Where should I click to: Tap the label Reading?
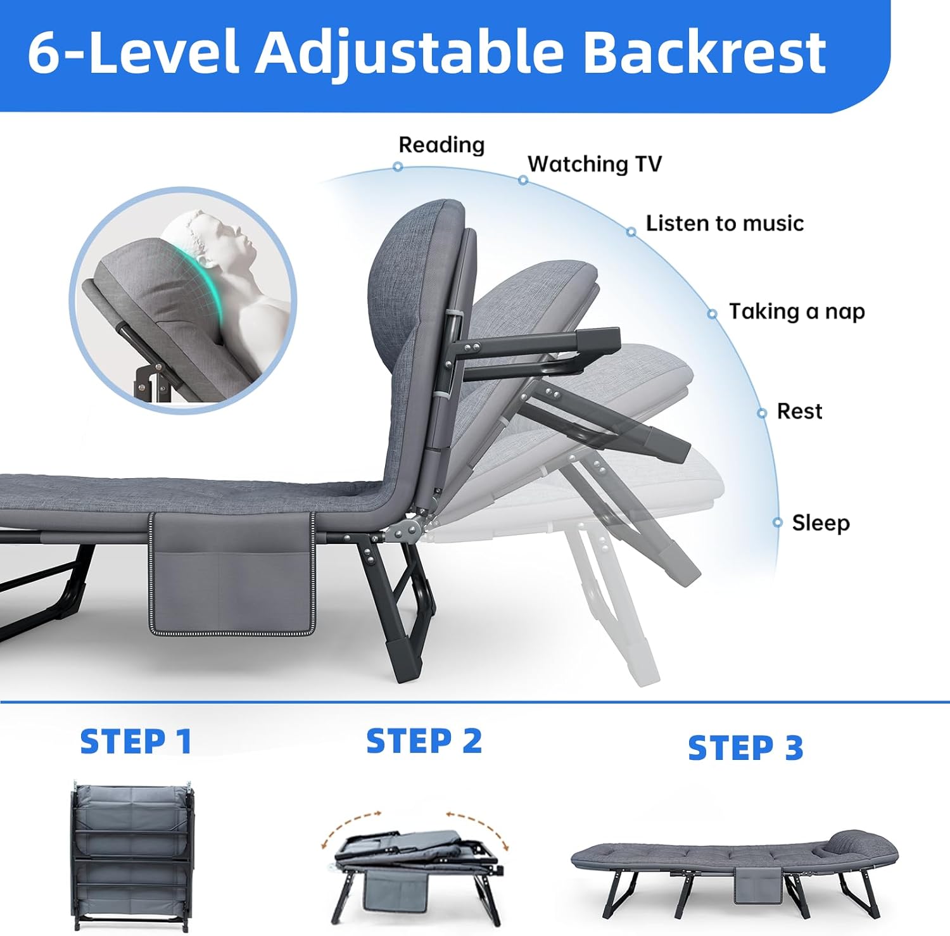pyautogui.click(x=441, y=145)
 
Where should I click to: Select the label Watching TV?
pyautogui.click(x=594, y=164)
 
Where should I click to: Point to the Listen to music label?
pyautogui.click(x=725, y=224)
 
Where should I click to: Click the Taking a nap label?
pyautogui.click(x=797, y=312)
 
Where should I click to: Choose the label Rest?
pyautogui.click(x=799, y=412)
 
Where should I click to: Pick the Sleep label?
pyautogui.click(x=821, y=523)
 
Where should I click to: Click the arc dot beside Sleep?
pyautogui.click(x=778, y=522)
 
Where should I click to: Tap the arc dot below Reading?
pyautogui.click(x=398, y=167)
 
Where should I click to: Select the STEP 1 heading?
pyautogui.click(x=136, y=742)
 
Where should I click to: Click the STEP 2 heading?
pyautogui.click(x=424, y=741)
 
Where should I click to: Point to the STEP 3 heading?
pyautogui.click(x=745, y=748)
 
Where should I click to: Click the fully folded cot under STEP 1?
pyautogui.click(x=132, y=855)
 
